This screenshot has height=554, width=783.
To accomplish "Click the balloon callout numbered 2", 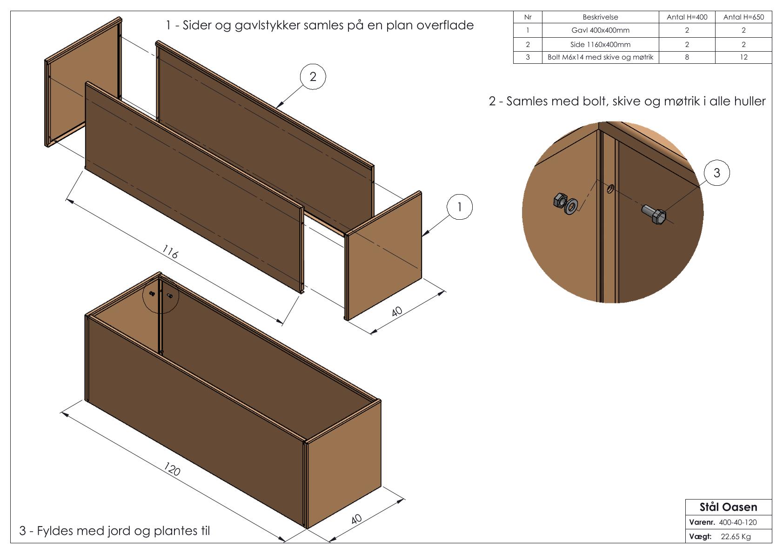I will tap(313, 77).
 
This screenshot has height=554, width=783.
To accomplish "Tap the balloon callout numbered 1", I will tap(460, 207).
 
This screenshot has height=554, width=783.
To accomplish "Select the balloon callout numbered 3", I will tap(716, 173).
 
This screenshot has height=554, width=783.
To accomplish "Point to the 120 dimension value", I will tap(172, 469).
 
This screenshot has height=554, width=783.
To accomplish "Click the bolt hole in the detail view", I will tap(610, 188).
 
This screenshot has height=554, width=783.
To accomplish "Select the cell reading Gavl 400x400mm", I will tap(600, 30).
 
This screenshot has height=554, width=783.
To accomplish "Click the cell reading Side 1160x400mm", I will tap(600, 45).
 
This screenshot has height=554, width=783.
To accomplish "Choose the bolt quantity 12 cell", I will tap(743, 57).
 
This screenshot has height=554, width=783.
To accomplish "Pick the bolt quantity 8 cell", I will tap(687, 57).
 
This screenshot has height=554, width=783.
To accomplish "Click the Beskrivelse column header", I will tap(600, 17).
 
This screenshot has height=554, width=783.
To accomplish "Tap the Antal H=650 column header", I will tap(743, 17).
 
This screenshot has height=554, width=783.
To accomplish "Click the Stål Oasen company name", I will tap(728, 507).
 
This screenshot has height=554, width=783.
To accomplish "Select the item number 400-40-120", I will tap(737, 522).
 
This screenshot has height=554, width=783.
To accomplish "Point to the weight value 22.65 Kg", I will tap(736, 537).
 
